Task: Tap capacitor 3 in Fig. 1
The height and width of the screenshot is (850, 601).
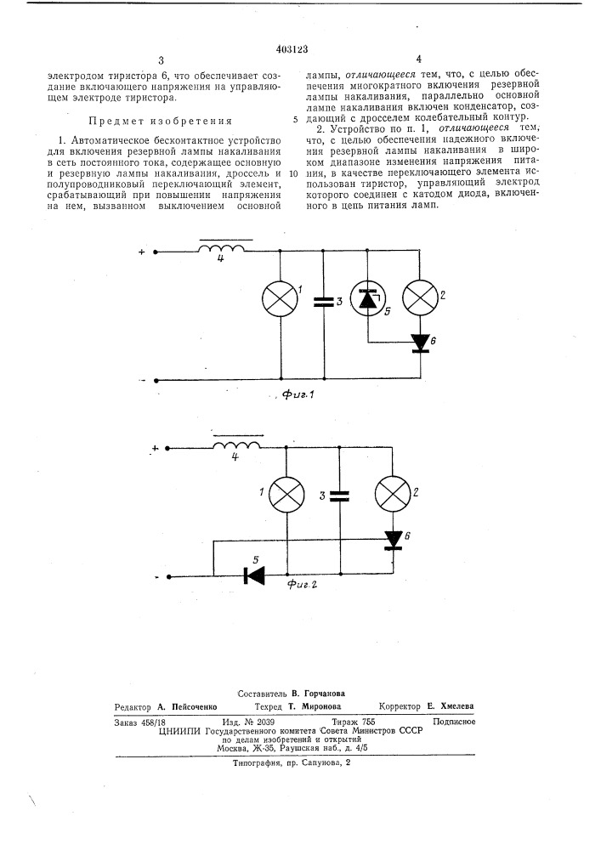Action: tap(324, 302)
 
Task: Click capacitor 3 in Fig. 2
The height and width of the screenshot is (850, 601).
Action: tap(339, 496)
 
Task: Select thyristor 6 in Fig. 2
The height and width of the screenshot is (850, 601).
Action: tap(393, 540)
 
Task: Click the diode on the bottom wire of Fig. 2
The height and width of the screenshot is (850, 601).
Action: tap(253, 575)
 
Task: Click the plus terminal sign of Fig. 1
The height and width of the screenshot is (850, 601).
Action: tap(141, 251)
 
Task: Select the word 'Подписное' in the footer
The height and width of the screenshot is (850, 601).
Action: tap(453, 721)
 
